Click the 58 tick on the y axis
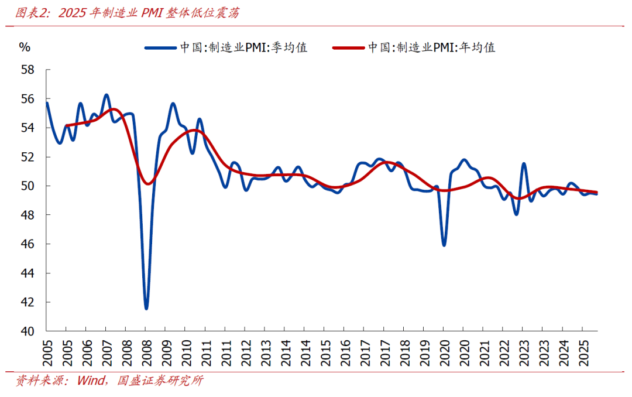(28, 70)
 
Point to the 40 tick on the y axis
(28, 331)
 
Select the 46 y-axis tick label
(28, 244)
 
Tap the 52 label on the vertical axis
(28, 157)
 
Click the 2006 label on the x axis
(86, 351)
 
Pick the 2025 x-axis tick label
(582, 351)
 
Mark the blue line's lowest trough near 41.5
(146, 308)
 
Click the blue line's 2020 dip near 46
(444, 245)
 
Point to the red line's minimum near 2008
(148, 184)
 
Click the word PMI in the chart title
(153, 13)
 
